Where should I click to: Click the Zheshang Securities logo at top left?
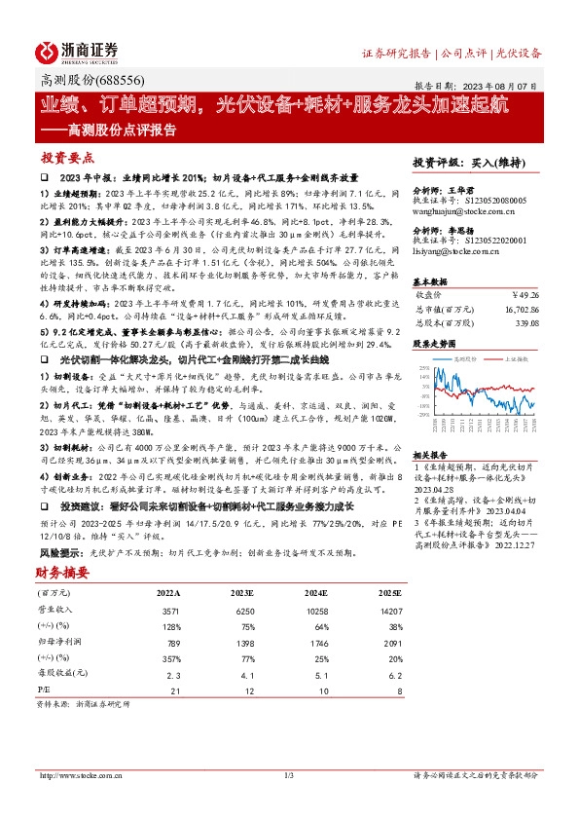pyautogui.click(x=78, y=52)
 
